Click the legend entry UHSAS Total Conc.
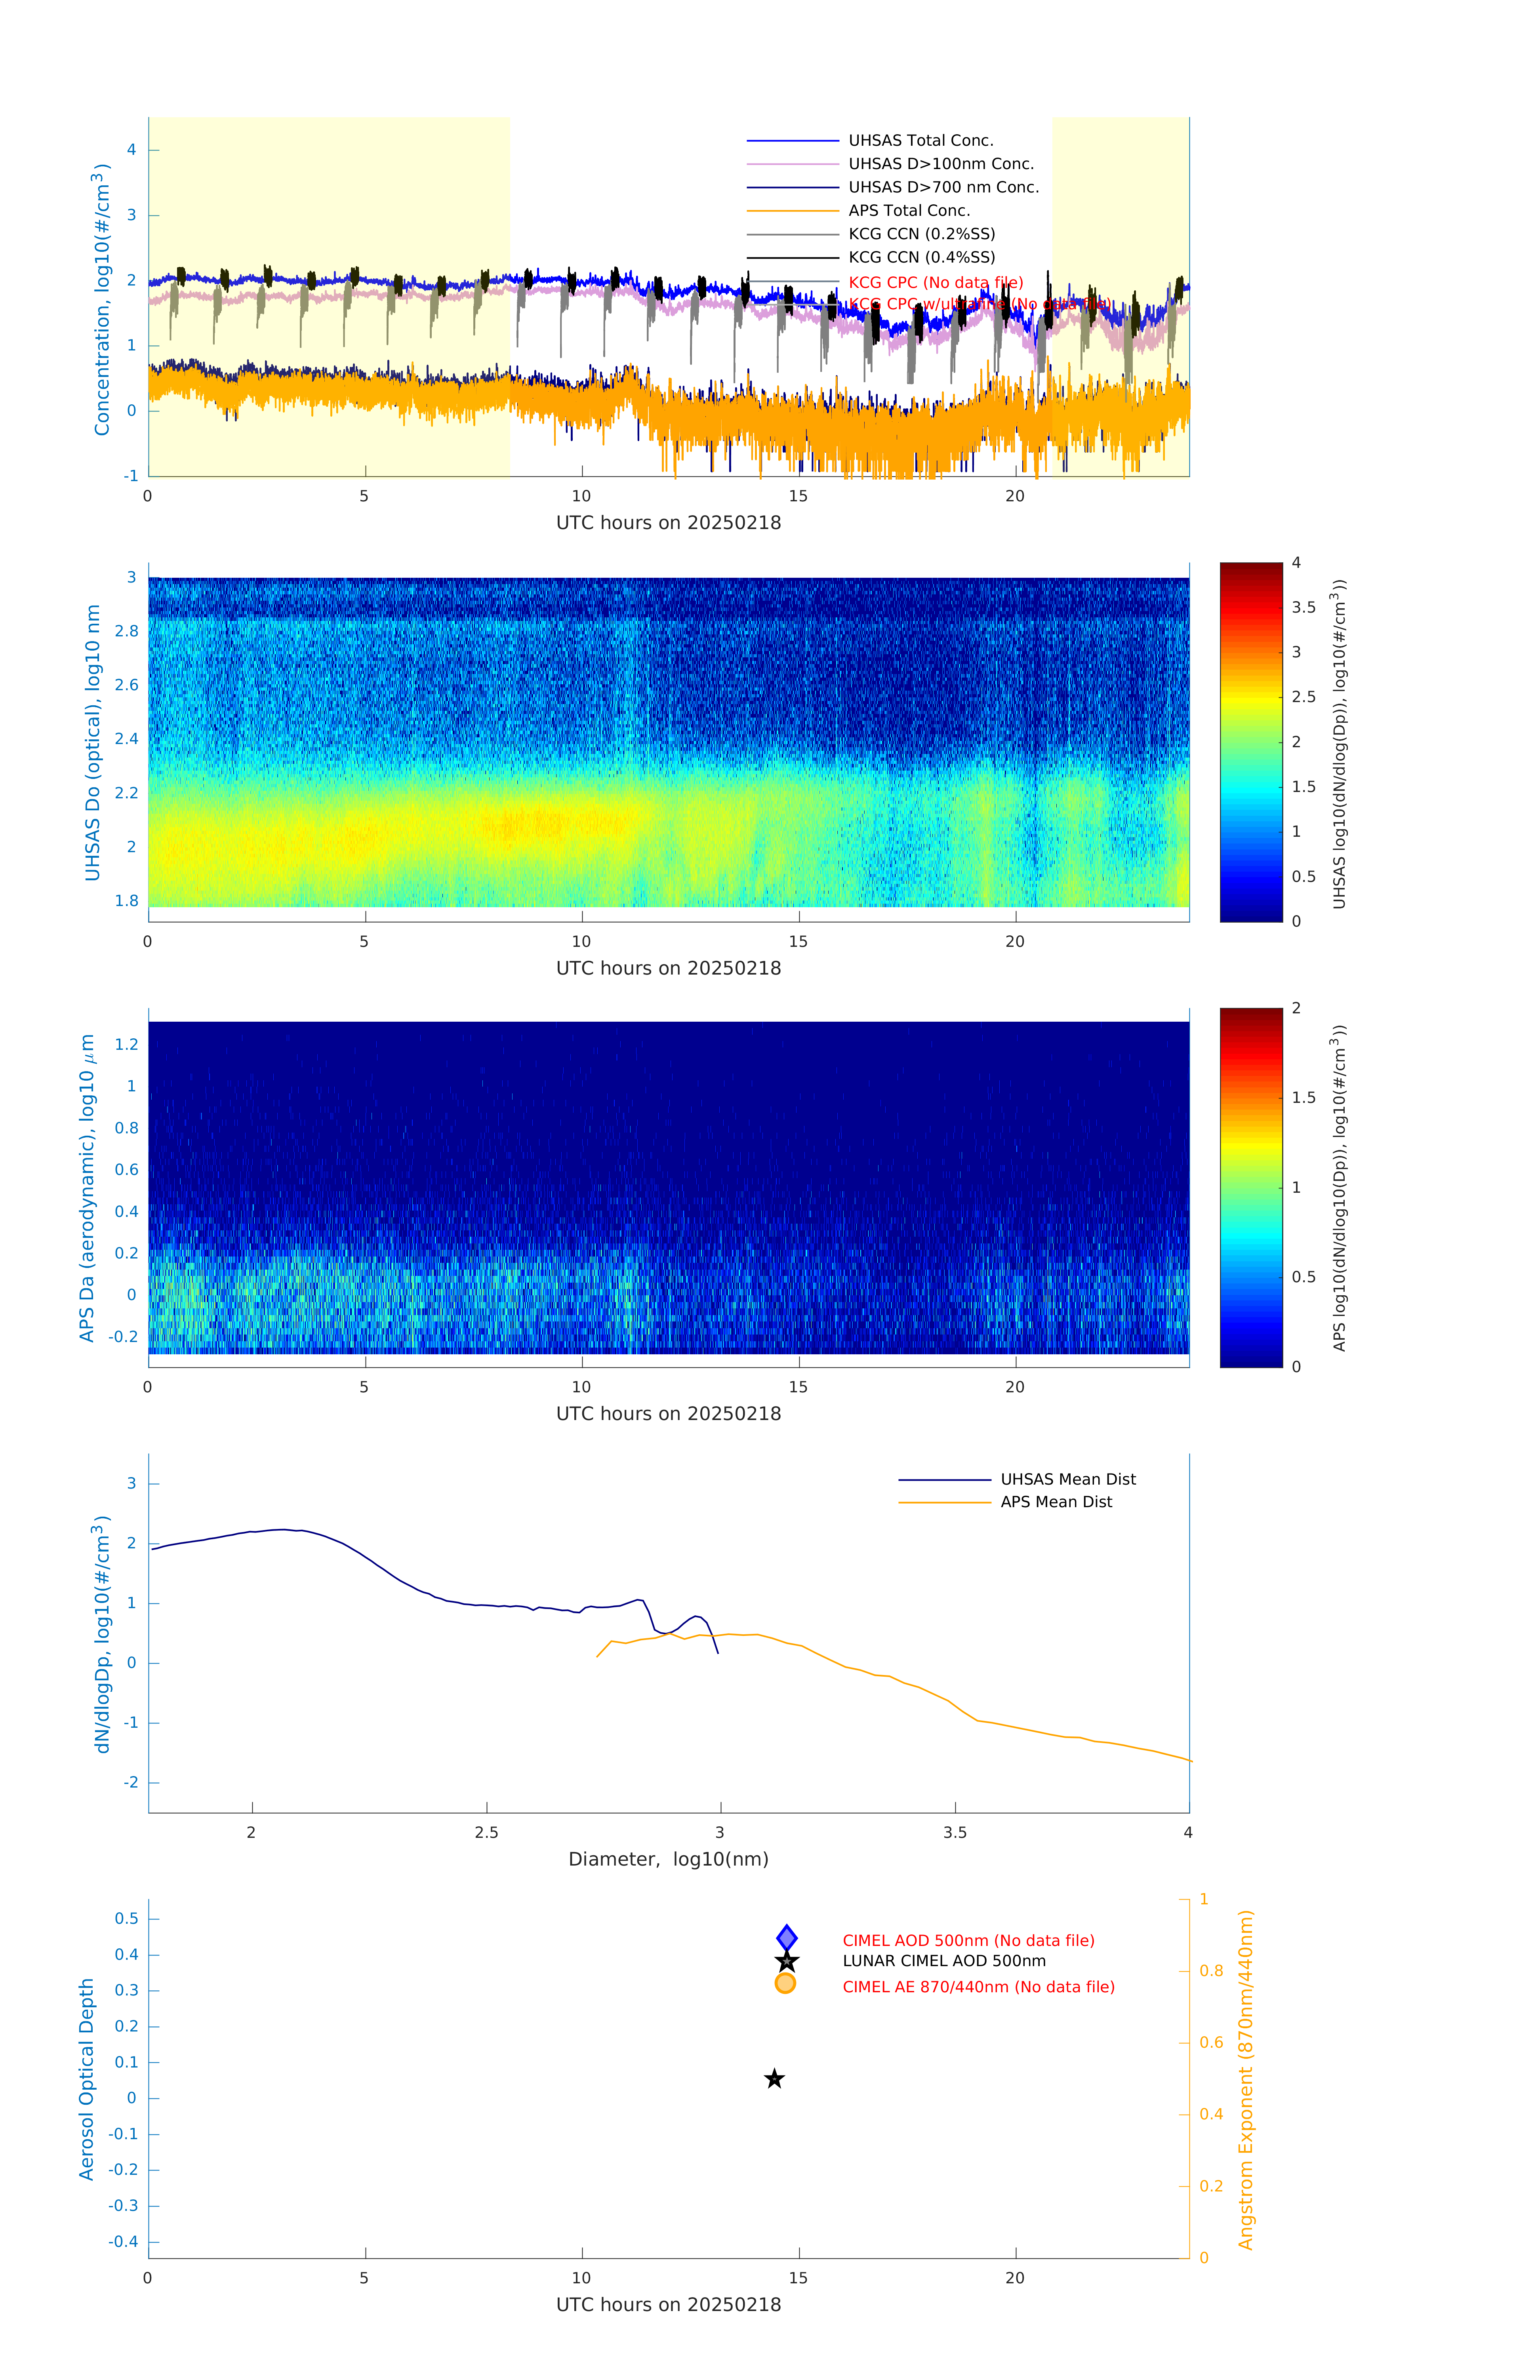pyautogui.click(x=920, y=140)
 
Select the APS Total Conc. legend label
pyautogui.click(x=908, y=210)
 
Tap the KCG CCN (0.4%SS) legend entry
pyautogui.click(x=921, y=257)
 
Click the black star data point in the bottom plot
pyautogui.click(x=775, y=2079)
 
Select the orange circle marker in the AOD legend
pyautogui.click(x=786, y=1983)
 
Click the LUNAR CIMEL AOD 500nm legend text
pyautogui.click(x=943, y=1961)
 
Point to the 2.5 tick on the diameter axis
pyautogui.click(x=486, y=1832)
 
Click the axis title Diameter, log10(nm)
pyautogui.click(x=668, y=1859)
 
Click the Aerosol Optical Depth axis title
pyautogui.click(x=87, y=2079)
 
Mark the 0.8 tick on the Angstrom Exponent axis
pyautogui.click(x=1211, y=1970)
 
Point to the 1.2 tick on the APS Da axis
pyautogui.click(x=126, y=1044)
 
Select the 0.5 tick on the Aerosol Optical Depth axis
pyautogui.click(x=126, y=1918)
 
